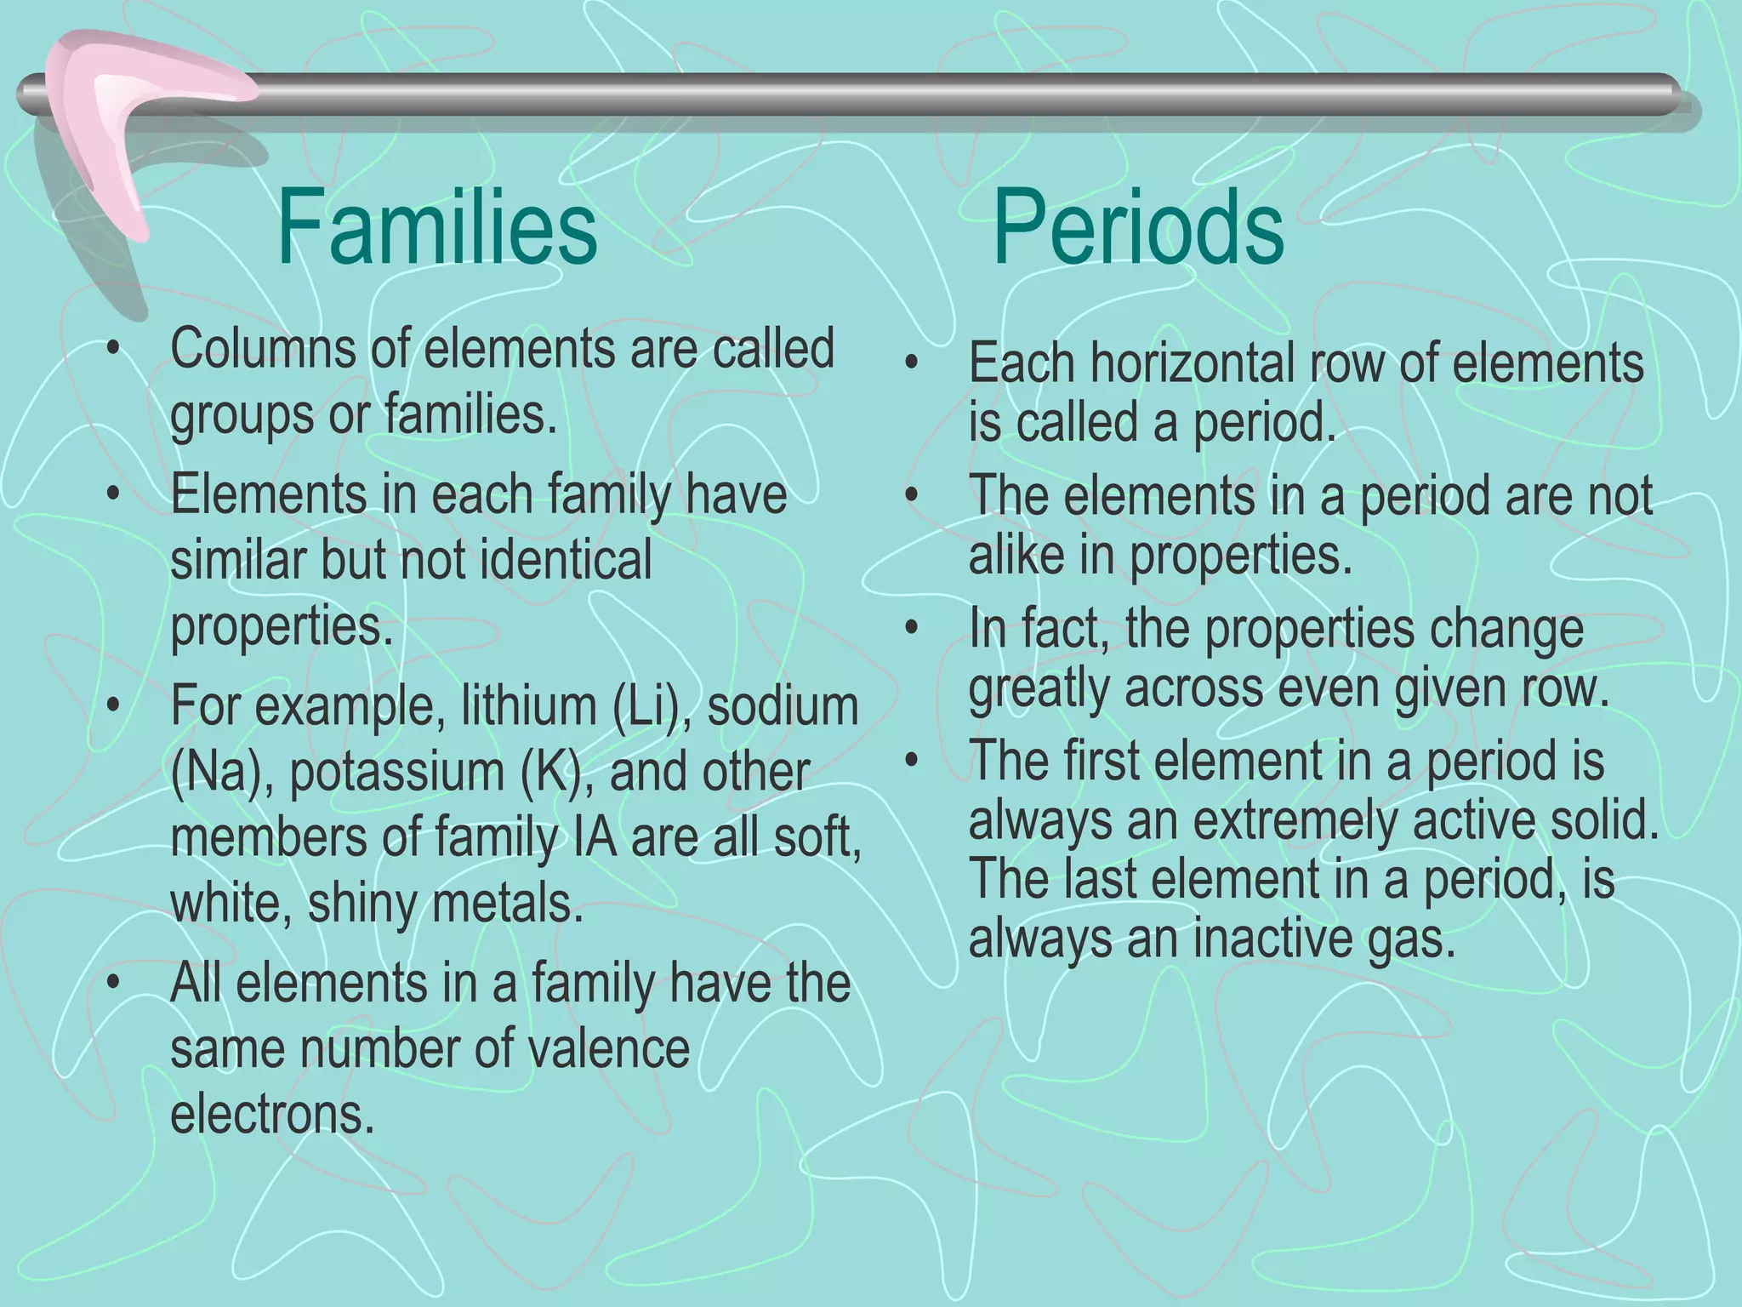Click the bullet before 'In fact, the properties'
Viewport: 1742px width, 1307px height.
[912, 629]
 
